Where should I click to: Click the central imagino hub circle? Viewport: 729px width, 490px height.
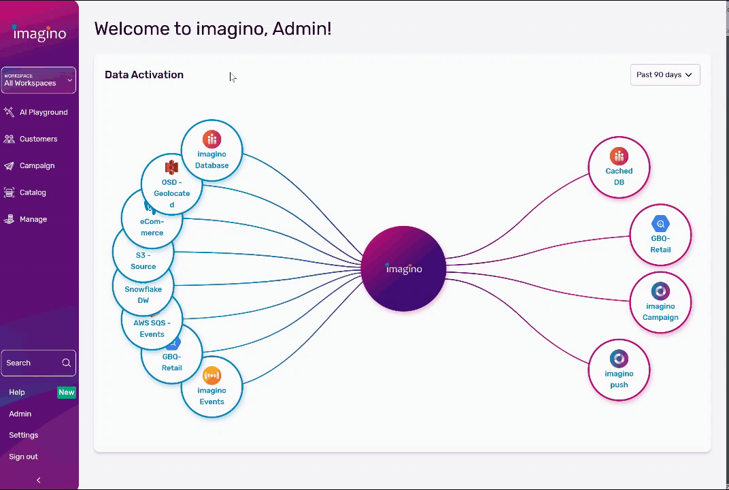coord(403,269)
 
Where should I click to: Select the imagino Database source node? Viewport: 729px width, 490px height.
coord(211,150)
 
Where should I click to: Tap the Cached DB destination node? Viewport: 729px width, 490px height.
coord(619,167)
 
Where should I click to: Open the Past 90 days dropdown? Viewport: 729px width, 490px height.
coord(664,75)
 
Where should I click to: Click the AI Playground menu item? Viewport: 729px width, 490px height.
coord(43,112)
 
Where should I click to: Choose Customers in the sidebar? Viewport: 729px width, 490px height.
coord(38,139)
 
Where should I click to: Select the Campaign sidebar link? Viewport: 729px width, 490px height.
coord(37,165)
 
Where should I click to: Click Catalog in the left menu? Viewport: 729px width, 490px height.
coord(33,193)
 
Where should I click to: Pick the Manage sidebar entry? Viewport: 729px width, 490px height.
coord(33,219)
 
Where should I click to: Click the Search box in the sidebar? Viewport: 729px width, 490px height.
coord(33,363)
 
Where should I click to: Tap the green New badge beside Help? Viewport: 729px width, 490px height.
coord(67,392)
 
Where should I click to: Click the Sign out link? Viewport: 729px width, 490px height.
coord(23,457)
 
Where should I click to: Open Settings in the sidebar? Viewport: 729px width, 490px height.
coord(23,435)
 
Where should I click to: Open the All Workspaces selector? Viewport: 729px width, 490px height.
coord(38,80)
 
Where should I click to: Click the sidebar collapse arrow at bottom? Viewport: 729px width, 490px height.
coord(39,480)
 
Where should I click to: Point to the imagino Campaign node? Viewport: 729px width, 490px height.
coord(660,302)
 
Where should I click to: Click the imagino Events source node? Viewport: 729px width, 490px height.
coord(211,387)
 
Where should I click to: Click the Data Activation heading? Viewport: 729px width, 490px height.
coord(144,75)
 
